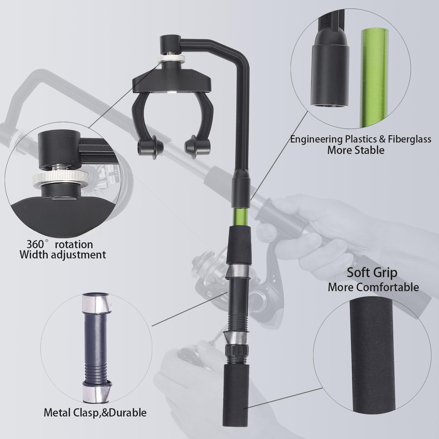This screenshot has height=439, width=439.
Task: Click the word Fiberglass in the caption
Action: [409, 139]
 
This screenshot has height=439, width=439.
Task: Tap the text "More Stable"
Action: [356, 150]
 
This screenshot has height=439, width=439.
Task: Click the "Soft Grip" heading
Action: [372, 272]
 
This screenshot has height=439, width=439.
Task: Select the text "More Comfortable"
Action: [373, 287]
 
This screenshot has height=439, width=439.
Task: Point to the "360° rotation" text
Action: [60, 244]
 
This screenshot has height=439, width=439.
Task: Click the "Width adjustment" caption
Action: [63, 255]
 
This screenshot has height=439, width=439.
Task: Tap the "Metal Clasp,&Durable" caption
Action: [95, 413]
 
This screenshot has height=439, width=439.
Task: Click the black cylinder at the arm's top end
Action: [170, 44]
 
